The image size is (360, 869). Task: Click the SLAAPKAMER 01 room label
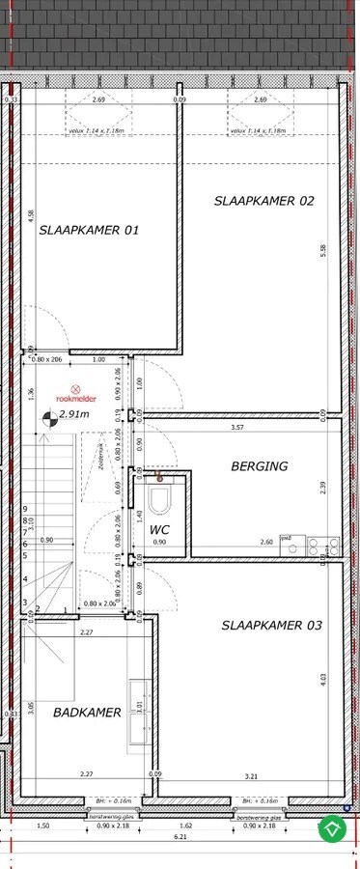(x=90, y=230)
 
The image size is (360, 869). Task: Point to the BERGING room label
(x=260, y=465)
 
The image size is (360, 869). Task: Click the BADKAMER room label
(x=87, y=713)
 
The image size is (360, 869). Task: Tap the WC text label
(x=159, y=530)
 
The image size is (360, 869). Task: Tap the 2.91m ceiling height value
(x=74, y=414)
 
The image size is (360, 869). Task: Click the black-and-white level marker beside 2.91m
(x=48, y=417)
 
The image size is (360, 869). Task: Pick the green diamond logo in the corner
(x=333, y=828)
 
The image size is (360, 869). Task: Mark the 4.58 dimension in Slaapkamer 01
(x=30, y=214)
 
